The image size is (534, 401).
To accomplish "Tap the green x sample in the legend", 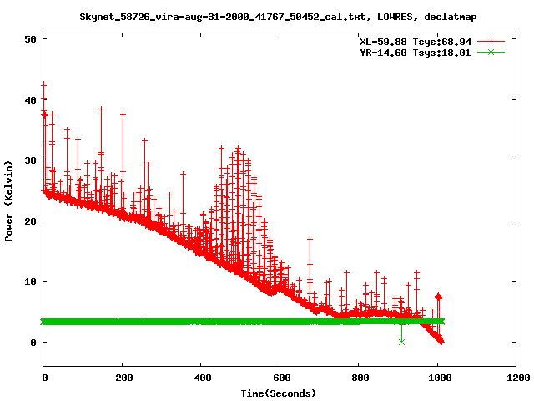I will click(491, 52).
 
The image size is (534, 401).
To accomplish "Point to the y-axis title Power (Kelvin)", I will click(9, 200).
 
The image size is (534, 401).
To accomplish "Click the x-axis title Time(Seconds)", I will click(280, 393).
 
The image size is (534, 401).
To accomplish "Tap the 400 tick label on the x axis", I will click(201, 378).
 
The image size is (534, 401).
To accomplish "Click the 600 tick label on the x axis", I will click(280, 378).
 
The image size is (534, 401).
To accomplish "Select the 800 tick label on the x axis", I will click(359, 378).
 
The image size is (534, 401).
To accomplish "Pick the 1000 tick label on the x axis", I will click(437, 378).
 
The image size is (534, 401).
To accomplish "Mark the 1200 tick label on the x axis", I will click(516, 378).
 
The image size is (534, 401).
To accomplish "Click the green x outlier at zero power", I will click(401, 342).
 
